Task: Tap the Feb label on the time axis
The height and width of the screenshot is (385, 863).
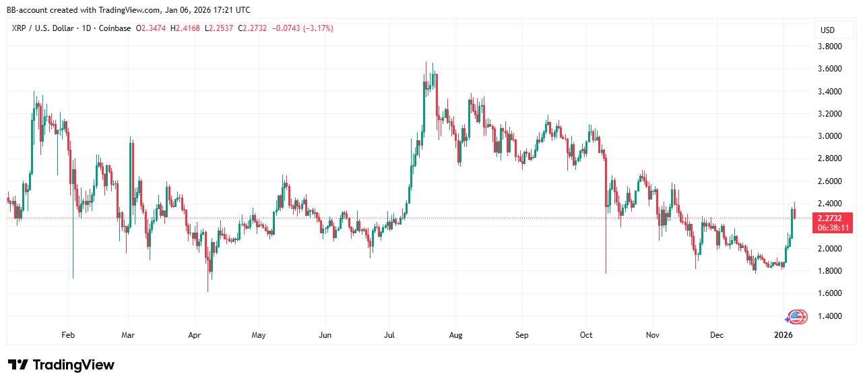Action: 67,334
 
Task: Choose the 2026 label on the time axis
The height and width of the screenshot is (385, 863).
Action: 783,334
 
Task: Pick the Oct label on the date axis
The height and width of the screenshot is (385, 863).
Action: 586,334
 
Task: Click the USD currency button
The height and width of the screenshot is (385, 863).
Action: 827,30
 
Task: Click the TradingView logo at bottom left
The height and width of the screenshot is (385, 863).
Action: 61,365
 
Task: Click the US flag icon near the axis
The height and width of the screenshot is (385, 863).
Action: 798,316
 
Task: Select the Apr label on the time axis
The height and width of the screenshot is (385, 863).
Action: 195,334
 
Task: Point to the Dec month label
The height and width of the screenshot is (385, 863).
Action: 716,334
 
